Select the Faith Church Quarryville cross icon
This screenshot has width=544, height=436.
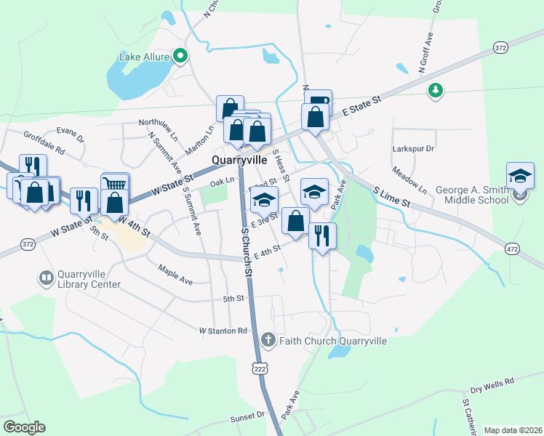point(268,339)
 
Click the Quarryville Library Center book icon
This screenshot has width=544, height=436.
point(46,278)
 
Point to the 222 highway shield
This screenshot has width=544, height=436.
point(259,369)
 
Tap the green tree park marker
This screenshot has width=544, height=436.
point(436,90)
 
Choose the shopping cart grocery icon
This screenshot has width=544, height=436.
point(115,184)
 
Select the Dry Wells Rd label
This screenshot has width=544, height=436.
point(492,381)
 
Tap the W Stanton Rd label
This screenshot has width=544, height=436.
point(223,331)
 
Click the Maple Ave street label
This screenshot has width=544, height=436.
point(175,274)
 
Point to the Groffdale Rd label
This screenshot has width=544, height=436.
point(44,142)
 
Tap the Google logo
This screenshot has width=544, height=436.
point(24,427)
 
